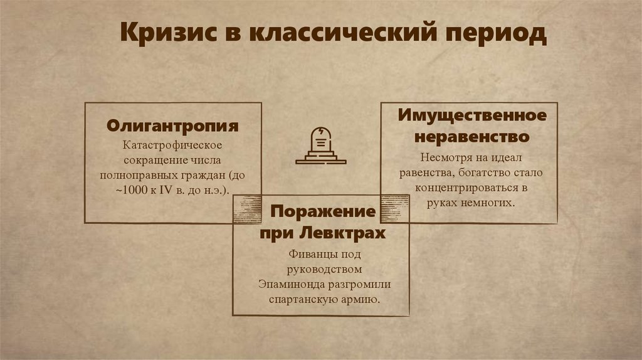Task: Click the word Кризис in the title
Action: (162, 33)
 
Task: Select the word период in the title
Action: (495, 34)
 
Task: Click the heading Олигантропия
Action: (172, 125)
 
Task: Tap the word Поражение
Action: (323, 211)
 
